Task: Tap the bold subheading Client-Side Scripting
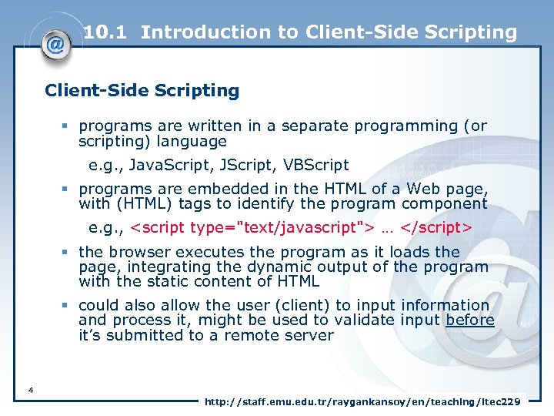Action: pyautogui.click(x=142, y=91)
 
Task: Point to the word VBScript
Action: pyautogui.click(x=316, y=165)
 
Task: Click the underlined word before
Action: pyautogui.click(x=469, y=320)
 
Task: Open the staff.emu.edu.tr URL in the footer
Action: pyautogui.click(x=362, y=402)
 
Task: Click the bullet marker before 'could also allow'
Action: pyautogui.click(x=67, y=306)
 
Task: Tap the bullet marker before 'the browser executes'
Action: pyautogui.click(x=67, y=252)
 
